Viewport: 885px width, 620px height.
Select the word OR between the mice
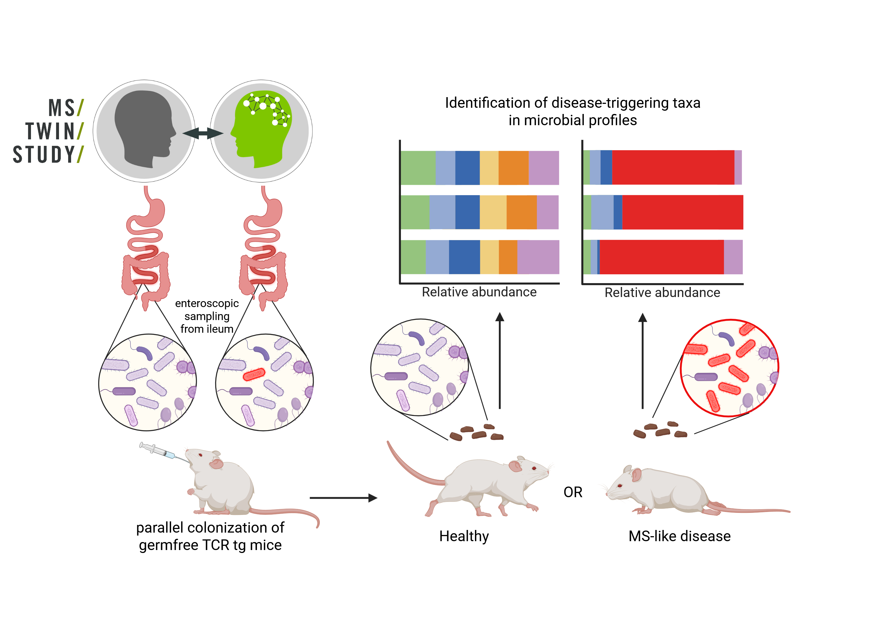click(573, 492)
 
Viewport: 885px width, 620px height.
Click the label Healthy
click(464, 536)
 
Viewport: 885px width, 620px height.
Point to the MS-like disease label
click(680, 536)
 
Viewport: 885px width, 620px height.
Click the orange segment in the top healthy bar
click(513, 168)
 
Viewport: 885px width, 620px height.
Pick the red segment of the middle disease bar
click(683, 212)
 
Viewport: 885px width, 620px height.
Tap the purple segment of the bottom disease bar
click(733, 257)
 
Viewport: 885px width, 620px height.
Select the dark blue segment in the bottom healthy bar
click(464, 257)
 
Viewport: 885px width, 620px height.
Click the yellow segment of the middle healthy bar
click(493, 212)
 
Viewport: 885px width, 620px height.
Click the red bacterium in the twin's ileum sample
click(254, 374)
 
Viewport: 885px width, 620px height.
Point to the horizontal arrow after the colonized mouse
click(343, 498)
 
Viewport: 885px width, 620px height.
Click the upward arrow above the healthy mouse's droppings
click(500, 360)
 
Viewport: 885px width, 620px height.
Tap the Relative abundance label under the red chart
click(662, 293)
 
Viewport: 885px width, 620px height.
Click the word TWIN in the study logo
click(50, 131)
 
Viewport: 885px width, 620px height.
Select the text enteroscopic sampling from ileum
click(207, 316)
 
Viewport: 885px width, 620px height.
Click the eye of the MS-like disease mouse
click(620, 485)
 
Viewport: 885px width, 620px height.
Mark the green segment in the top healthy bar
click(418, 168)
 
